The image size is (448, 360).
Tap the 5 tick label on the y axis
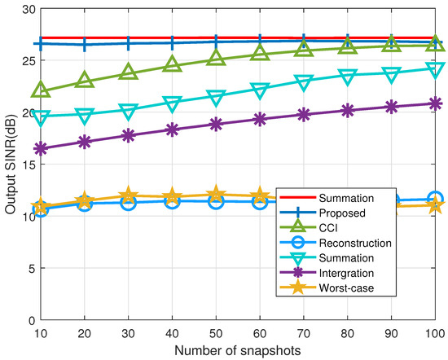coord(29,268)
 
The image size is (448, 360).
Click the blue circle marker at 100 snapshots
coord(435,199)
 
